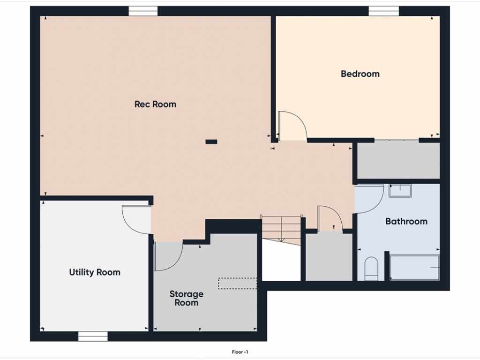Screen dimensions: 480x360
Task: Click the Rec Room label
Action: tap(155, 104)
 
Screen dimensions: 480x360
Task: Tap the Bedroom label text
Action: tap(360, 74)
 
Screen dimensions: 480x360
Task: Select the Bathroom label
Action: tap(406, 221)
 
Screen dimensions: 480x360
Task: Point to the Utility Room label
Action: tap(95, 272)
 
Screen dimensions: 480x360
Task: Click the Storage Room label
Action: tap(187, 298)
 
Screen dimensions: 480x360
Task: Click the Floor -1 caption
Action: tap(240, 352)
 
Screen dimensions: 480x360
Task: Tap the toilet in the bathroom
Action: tap(372, 269)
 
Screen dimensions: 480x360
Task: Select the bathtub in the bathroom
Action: tap(414, 268)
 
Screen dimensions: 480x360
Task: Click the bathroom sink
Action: tap(400, 191)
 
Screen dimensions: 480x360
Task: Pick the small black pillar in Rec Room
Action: tap(211, 142)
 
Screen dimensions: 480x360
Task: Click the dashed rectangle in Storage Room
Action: tap(238, 284)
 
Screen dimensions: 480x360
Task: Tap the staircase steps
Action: tap(282, 230)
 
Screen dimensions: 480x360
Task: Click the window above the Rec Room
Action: tap(143, 11)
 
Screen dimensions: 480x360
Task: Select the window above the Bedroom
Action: tap(383, 11)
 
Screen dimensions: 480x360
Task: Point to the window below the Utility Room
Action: tap(93, 337)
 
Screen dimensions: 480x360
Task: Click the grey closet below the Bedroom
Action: tap(398, 161)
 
